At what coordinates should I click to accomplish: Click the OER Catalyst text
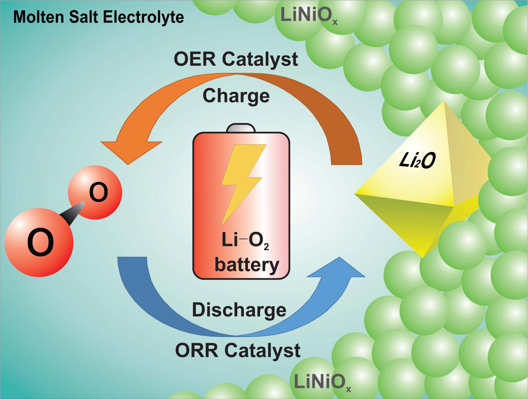pos(236,59)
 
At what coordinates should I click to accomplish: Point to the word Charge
pos(236,96)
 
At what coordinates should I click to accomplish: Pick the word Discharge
pos(239,310)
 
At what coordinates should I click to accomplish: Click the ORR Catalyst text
pos(238,350)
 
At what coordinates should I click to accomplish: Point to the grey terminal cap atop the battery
pos(241,128)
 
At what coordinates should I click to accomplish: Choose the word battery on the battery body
pos(247,264)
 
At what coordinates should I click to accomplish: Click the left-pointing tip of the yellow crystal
pos(357,193)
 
